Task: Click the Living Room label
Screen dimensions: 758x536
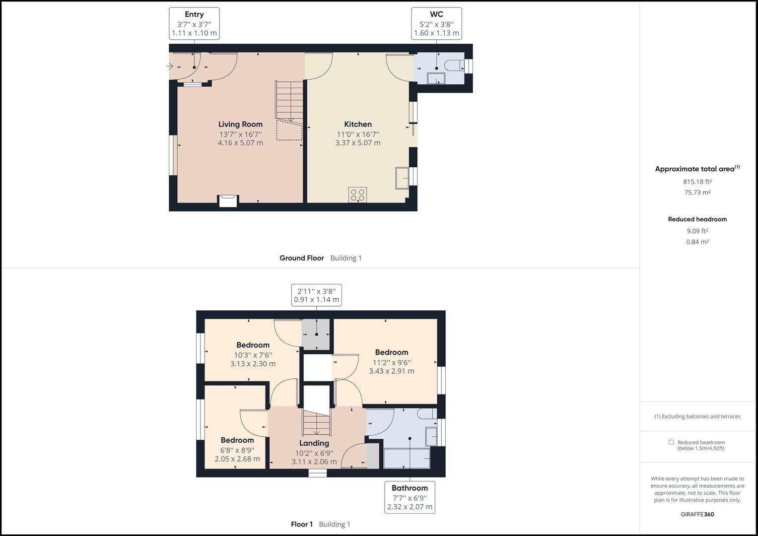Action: (240, 124)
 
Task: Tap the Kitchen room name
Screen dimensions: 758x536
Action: (358, 124)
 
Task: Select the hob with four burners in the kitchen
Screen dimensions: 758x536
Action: (358, 195)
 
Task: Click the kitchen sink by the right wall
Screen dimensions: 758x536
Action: (402, 178)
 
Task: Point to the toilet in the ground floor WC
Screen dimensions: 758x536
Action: (455, 66)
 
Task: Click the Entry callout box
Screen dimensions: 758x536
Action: (194, 24)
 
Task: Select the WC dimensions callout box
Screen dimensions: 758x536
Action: (436, 24)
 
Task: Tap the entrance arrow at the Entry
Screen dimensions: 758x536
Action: (170, 67)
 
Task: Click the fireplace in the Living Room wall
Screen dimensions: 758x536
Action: (229, 201)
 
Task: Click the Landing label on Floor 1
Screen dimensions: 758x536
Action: (314, 443)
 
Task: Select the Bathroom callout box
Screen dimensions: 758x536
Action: (410, 497)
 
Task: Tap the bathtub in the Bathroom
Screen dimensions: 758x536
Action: (407, 459)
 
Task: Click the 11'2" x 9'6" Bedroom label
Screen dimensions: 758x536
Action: (392, 352)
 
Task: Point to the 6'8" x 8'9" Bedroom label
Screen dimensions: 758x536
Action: (237, 440)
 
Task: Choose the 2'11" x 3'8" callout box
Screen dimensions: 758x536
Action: (316, 295)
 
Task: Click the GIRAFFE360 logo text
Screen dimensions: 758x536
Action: (697, 514)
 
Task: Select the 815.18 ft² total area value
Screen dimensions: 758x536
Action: (697, 182)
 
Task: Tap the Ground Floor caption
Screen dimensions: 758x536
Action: (301, 258)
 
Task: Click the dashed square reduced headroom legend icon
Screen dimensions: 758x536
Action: (671, 442)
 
